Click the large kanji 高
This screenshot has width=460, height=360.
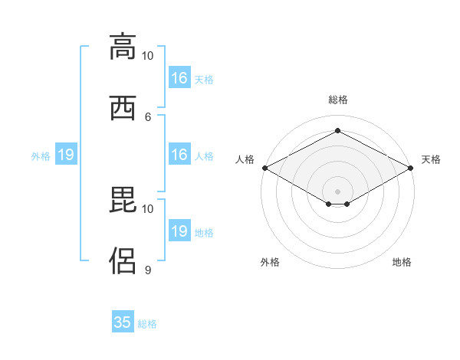tap(123, 47)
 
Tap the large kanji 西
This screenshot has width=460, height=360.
tap(123, 108)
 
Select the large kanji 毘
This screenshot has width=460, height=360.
tap(123, 199)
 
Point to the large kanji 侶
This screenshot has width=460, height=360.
tap(123, 260)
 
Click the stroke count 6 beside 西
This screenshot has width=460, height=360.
tap(148, 117)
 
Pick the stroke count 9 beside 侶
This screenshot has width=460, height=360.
tap(148, 270)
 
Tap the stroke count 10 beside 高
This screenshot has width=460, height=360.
tap(147, 56)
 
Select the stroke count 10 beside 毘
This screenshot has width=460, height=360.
tap(147, 209)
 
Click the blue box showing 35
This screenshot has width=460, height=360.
tap(123, 321)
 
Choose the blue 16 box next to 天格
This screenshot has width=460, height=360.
tap(180, 77)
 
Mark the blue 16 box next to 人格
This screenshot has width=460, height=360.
tap(180, 154)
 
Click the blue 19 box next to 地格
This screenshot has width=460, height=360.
tap(180, 230)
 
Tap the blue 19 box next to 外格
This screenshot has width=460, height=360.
tap(66, 154)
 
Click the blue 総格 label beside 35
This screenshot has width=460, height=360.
tap(147, 324)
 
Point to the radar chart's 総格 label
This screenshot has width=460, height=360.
tap(338, 100)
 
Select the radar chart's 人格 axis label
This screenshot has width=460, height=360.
tap(245, 159)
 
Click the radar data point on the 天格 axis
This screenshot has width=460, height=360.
tap(411, 168)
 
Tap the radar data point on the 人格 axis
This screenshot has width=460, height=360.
tap(265, 168)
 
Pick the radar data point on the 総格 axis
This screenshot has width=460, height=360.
tap(338, 130)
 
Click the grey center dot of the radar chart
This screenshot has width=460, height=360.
tap(337, 191)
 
